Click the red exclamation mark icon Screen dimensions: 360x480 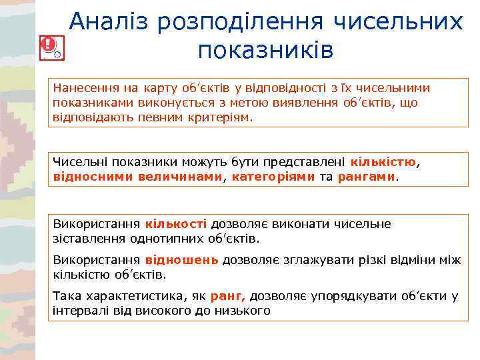coord(48,45)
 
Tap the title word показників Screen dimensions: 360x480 coord(265,50)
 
